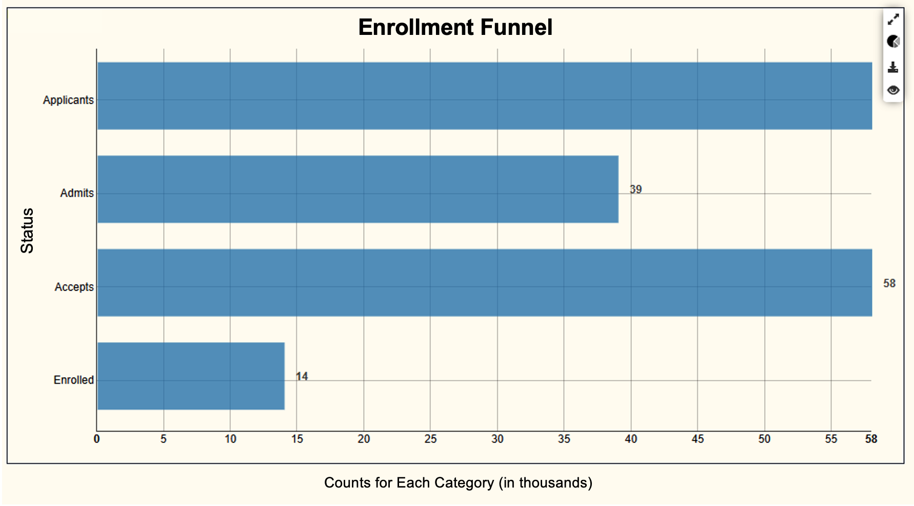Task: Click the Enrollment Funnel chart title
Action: point(455,28)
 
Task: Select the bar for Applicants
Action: point(484,96)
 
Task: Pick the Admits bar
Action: point(357,189)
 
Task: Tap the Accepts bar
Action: point(484,283)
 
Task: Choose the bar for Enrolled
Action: point(191,376)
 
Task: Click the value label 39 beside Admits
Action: point(635,189)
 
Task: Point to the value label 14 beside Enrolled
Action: point(302,377)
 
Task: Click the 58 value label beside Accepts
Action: point(889,283)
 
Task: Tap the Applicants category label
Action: point(68,100)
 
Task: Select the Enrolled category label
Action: point(73,380)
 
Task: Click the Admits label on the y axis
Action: point(77,193)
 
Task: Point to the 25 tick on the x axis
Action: point(430,439)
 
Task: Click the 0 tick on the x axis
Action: point(96,439)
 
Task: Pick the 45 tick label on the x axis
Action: point(698,439)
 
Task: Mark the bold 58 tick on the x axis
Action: point(871,439)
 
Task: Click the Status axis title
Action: point(27,230)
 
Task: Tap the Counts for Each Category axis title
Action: point(458,483)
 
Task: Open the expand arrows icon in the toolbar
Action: point(893,20)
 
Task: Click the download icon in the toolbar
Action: point(893,67)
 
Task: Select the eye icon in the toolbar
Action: point(893,90)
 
